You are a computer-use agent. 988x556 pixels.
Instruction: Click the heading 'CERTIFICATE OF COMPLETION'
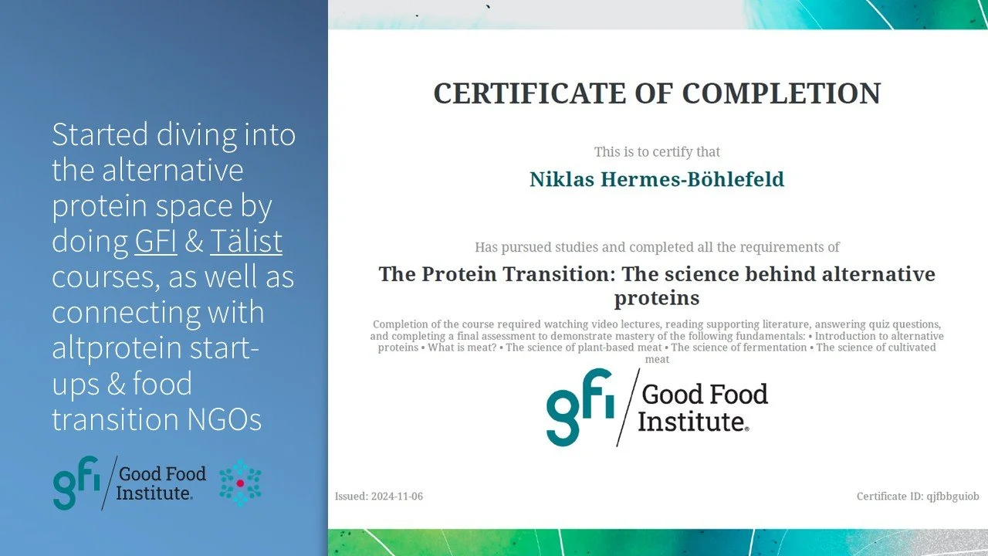pyautogui.click(x=656, y=93)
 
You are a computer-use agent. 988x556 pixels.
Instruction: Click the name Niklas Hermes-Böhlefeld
pyautogui.click(x=656, y=179)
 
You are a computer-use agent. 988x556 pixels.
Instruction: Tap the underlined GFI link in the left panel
pyautogui.click(x=156, y=241)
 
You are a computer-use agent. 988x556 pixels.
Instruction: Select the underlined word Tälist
pyautogui.click(x=245, y=241)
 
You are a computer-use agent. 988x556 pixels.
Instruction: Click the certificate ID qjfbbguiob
pyautogui.click(x=952, y=497)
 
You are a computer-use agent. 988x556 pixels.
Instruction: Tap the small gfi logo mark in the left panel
pyautogui.click(x=76, y=483)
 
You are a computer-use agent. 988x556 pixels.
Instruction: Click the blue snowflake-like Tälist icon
pyautogui.click(x=240, y=483)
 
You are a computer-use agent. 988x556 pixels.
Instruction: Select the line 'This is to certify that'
pyautogui.click(x=656, y=152)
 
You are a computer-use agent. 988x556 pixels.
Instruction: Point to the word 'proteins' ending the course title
pyautogui.click(x=656, y=297)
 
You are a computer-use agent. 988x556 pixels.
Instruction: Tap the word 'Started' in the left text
pyautogui.click(x=100, y=134)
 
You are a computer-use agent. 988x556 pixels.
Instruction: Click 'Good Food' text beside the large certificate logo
pyautogui.click(x=704, y=395)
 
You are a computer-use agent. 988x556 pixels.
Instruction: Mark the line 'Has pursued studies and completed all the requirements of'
pyautogui.click(x=656, y=247)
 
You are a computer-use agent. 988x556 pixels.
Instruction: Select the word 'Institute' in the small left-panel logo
pyautogui.click(x=153, y=492)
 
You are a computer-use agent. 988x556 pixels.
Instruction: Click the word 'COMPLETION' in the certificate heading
pyautogui.click(x=780, y=93)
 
